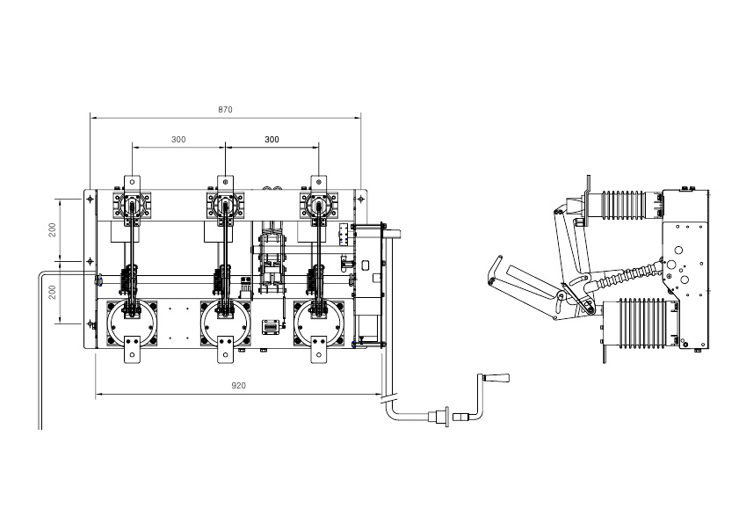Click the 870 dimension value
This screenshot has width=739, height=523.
[225, 109]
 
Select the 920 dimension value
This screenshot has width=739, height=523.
[238, 386]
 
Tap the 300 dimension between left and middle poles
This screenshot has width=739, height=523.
[178, 140]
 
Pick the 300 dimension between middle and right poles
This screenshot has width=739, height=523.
[272, 140]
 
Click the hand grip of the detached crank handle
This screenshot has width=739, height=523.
[498, 378]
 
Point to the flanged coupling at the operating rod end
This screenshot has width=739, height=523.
[442, 417]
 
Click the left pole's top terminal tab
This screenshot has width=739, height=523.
[132, 182]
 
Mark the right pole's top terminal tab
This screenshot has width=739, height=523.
[319, 182]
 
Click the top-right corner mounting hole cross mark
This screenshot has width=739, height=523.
[361, 199]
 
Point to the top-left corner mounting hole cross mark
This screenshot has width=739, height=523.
[90, 199]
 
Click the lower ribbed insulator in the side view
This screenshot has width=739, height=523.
[641, 323]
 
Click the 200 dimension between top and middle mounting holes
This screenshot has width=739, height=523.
[53, 229]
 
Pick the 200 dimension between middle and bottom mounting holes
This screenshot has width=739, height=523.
[53, 292]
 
